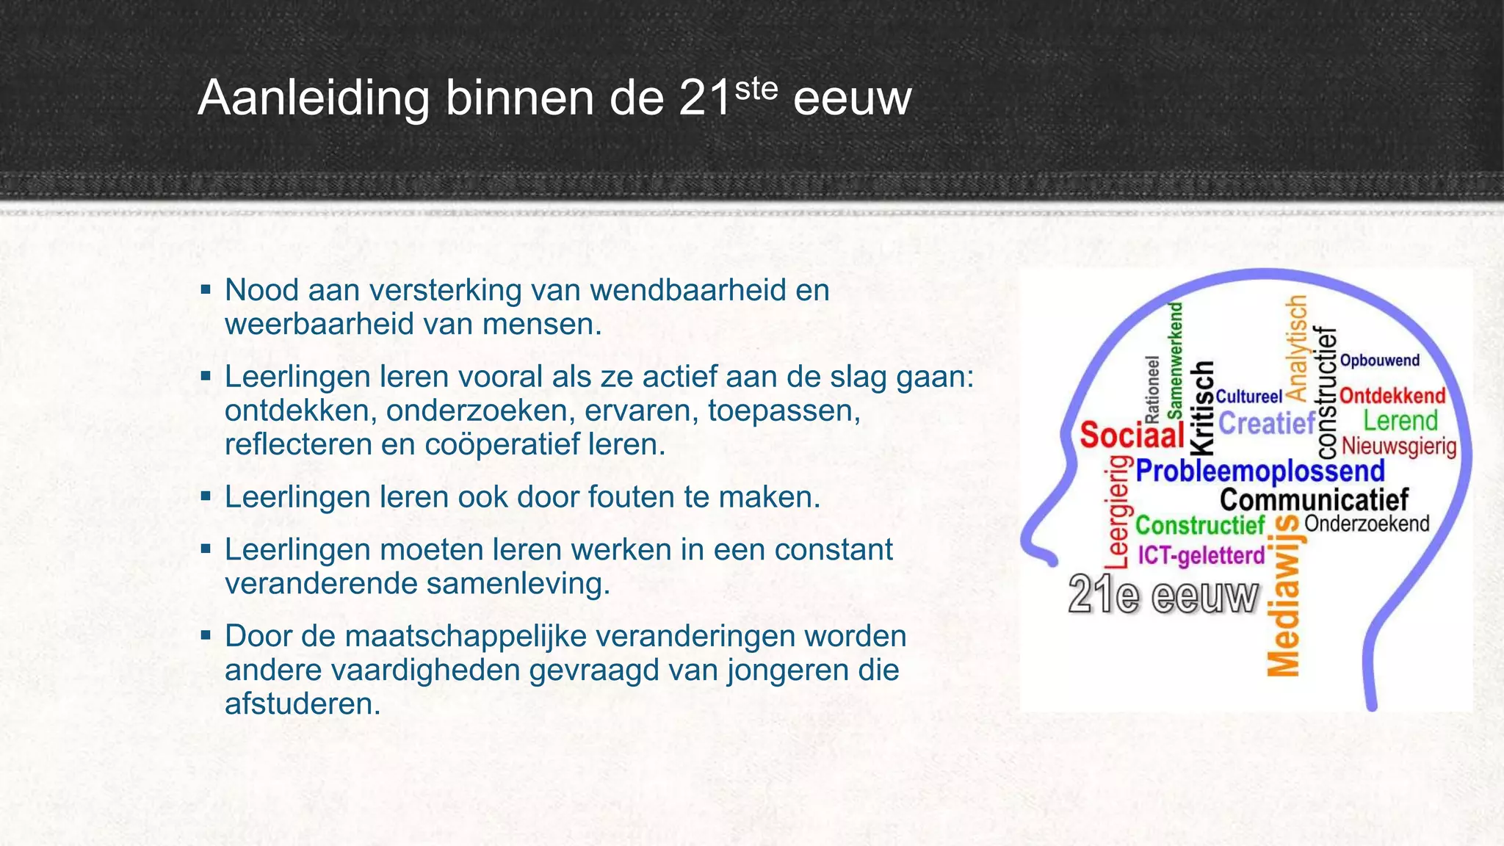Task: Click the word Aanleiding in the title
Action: pos(314,98)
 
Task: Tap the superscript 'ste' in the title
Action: pos(756,90)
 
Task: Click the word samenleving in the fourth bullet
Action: pos(513,584)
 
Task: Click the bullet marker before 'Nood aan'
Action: pos(206,289)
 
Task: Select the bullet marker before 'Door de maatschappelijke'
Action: pos(206,635)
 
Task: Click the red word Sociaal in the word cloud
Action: pos(1131,435)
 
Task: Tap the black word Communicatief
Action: pos(1314,500)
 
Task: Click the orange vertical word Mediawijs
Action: pos(1284,595)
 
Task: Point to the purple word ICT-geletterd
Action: pos(1201,555)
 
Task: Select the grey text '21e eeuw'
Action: pos(1163,595)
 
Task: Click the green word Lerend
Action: pos(1400,421)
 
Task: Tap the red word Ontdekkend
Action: pos(1392,396)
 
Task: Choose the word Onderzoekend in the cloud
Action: pos(1367,524)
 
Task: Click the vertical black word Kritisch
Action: pos(1202,408)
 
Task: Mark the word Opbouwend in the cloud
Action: pos(1379,361)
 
